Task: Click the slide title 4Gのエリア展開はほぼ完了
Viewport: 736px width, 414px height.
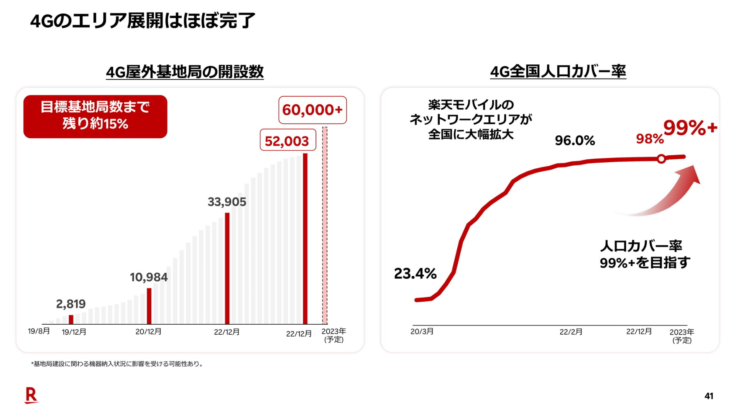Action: pyautogui.click(x=143, y=21)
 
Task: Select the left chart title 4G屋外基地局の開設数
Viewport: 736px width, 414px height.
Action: pyautogui.click(x=185, y=72)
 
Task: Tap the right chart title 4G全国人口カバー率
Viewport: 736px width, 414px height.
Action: pyautogui.click(x=558, y=72)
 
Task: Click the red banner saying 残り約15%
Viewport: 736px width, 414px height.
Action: pyautogui.click(x=95, y=117)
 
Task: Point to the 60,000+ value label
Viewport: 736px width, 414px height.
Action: pyautogui.click(x=312, y=110)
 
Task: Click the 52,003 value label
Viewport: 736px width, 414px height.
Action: pyautogui.click(x=287, y=141)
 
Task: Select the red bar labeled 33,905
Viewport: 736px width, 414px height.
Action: pyautogui.click(x=227, y=268)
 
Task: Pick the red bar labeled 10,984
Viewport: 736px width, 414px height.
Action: pyautogui.click(x=149, y=306)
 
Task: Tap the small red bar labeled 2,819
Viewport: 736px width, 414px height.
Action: pyautogui.click(x=71, y=319)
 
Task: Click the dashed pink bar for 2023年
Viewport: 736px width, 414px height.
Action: pyautogui.click(x=325, y=226)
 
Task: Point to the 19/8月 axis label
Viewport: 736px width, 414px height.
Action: pyautogui.click(x=39, y=331)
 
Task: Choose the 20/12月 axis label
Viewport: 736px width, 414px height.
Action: pyautogui.click(x=148, y=332)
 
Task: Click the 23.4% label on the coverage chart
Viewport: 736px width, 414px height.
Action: pyautogui.click(x=415, y=274)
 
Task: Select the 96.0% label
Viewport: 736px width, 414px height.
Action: pyautogui.click(x=575, y=141)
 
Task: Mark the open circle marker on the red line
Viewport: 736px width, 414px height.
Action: pyautogui.click(x=661, y=159)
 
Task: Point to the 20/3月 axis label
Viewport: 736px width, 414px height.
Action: pyautogui.click(x=422, y=332)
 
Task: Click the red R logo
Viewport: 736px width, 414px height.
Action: pyautogui.click(x=31, y=395)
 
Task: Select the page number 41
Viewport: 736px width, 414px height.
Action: pyautogui.click(x=709, y=396)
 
